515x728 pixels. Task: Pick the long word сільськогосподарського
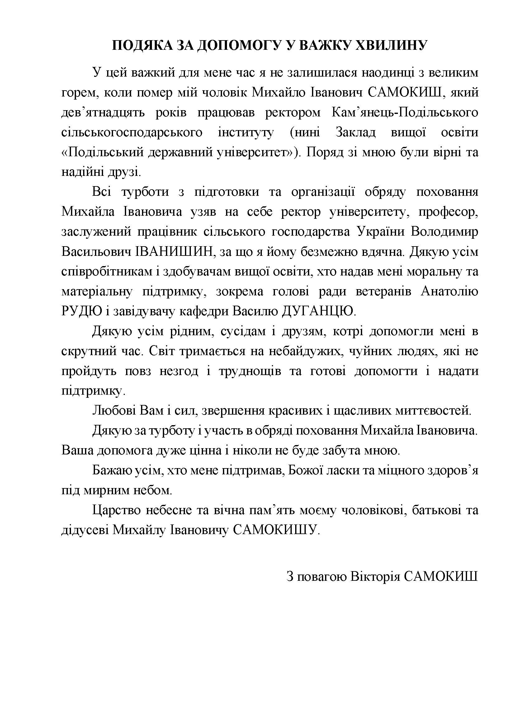[132, 133]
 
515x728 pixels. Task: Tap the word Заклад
[356, 133]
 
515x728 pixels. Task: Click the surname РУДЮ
[82, 312]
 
